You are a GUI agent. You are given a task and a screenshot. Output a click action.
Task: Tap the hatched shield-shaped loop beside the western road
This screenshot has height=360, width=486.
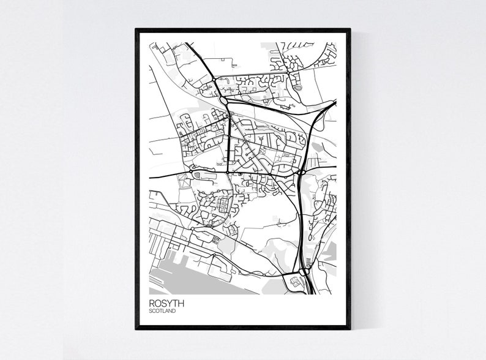[197, 176]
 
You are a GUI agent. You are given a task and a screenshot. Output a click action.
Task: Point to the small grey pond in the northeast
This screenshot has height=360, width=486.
[298, 88]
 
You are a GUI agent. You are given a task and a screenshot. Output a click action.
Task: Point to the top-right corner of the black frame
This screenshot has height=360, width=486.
[350, 29]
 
